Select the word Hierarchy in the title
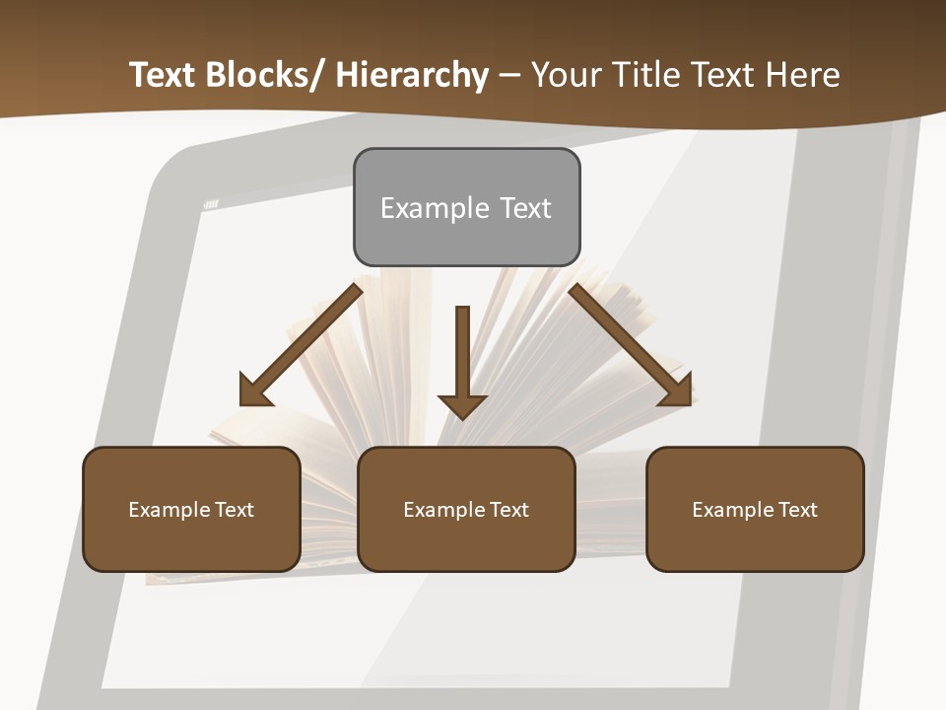tap(412, 75)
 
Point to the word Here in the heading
tap(804, 75)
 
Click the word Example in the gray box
tap(435, 208)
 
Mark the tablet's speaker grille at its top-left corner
tap(211, 204)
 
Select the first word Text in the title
tap(164, 75)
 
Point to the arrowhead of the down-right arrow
tap(677, 390)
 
